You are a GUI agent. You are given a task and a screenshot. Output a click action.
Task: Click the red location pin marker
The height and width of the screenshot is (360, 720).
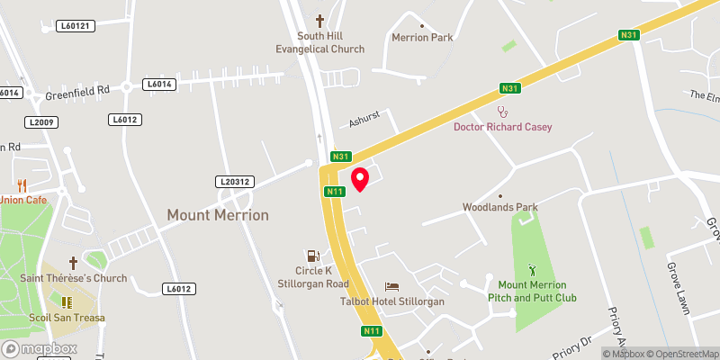point(360,178)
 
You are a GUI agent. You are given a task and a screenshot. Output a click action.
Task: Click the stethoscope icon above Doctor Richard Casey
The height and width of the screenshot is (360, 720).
point(502,112)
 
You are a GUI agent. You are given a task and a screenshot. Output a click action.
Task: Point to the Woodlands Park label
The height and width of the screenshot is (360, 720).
point(499,207)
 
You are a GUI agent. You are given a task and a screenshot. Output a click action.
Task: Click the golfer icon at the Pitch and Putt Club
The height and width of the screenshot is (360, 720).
point(531,269)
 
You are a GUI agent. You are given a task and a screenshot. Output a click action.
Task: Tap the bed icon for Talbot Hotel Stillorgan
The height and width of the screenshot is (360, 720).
point(391,286)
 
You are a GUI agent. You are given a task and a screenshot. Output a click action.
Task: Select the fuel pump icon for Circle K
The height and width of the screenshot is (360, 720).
point(312,255)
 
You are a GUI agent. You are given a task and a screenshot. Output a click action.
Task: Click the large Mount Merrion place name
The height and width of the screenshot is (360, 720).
point(218,215)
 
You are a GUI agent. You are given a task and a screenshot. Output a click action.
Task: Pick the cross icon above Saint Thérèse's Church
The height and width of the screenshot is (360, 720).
point(74,263)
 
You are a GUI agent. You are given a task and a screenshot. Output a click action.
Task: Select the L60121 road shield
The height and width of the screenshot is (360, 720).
point(75,26)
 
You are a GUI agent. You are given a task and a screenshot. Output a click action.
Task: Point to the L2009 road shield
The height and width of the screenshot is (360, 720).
point(40,121)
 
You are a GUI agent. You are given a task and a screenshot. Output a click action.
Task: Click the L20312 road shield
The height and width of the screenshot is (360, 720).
point(234,181)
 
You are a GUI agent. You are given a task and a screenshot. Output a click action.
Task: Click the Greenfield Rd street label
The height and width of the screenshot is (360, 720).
point(79,90)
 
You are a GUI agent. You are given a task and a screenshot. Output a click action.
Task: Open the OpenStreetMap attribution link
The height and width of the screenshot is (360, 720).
point(681,354)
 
